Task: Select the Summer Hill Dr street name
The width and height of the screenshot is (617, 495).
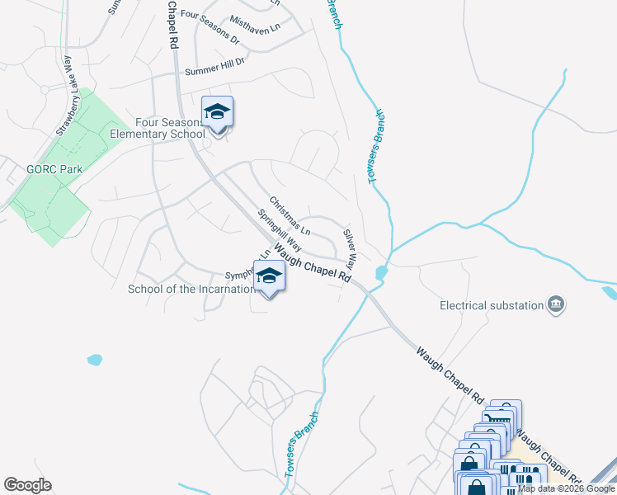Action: (x=215, y=68)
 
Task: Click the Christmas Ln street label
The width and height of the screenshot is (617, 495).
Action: (x=290, y=215)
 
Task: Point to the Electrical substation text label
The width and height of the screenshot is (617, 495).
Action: (x=492, y=305)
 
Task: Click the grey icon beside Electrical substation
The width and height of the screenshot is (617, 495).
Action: (x=557, y=305)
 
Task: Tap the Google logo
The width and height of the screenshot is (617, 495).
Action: (x=27, y=485)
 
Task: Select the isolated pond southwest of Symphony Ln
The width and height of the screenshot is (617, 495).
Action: (x=94, y=360)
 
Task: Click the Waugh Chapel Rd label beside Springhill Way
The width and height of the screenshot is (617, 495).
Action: (x=313, y=262)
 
